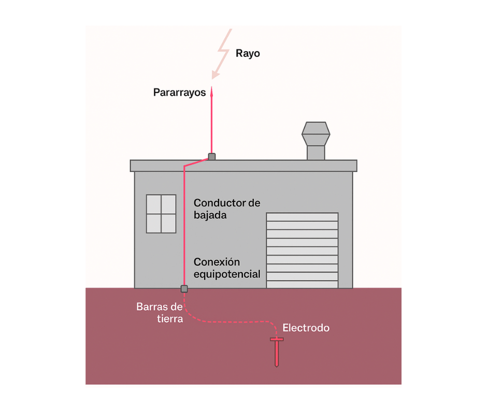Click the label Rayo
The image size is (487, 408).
pyautogui.click(x=248, y=53)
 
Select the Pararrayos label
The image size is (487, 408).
pyautogui.click(x=179, y=93)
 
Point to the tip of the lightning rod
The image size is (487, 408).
pyautogui.click(x=211, y=89)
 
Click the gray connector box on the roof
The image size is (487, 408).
pyautogui.click(x=211, y=156)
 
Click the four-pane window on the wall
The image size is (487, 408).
pyautogui.click(x=161, y=214)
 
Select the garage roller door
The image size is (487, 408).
pyautogui.click(x=302, y=250)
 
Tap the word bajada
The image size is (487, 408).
pyautogui.click(x=210, y=215)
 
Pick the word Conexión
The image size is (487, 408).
pyautogui.click(x=217, y=262)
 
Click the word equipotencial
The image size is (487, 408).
pyautogui.click(x=227, y=274)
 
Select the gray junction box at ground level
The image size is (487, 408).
pyautogui.click(x=184, y=288)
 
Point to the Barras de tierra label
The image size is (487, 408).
pyautogui.click(x=160, y=313)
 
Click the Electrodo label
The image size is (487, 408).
pyautogui.click(x=306, y=328)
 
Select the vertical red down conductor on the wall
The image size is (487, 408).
pyautogui.click(x=184, y=228)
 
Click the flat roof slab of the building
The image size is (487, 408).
pyautogui.click(x=244, y=166)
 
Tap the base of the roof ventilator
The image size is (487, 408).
pyautogui.click(x=316, y=153)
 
